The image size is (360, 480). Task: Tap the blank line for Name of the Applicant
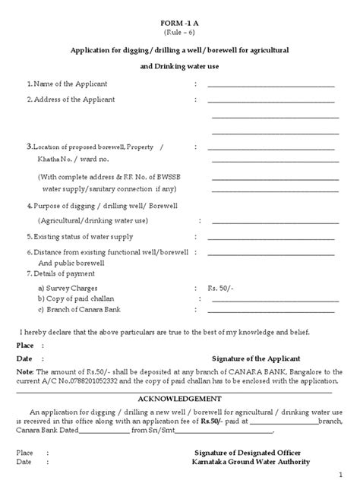tap(272, 84)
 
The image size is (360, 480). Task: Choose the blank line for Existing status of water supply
tap(272, 237)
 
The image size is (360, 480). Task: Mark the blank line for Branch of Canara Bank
tap(272, 311)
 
